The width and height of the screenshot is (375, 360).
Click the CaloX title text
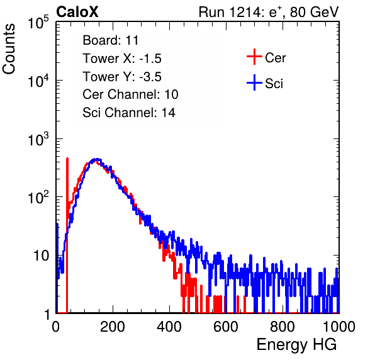click(x=77, y=12)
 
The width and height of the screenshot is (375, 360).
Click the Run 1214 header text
click(x=269, y=12)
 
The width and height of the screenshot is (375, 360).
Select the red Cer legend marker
click(x=254, y=57)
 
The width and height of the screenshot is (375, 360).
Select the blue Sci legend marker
click(x=254, y=82)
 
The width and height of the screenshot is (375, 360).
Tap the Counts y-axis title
click(x=9, y=48)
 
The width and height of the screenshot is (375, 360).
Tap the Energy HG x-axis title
click(x=296, y=345)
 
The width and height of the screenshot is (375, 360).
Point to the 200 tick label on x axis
click(x=113, y=327)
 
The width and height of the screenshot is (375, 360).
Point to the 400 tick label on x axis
click(x=169, y=327)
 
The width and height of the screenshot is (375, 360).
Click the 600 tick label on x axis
click(x=226, y=327)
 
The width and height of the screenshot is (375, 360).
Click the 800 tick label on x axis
click(x=283, y=327)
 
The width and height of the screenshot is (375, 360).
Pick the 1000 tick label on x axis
click(x=339, y=327)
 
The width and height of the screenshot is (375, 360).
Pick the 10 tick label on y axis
click(x=42, y=256)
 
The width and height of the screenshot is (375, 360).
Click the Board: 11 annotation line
click(x=111, y=40)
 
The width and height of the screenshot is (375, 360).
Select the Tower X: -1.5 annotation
click(x=122, y=59)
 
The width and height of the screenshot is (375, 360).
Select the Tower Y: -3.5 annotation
click(x=122, y=77)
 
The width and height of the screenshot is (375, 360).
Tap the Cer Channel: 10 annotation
click(x=130, y=94)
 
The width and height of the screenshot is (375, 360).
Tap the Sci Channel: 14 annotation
click(x=129, y=113)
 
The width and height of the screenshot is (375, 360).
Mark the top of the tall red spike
click(x=67, y=159)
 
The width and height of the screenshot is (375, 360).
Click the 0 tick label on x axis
click(x=56, y=327)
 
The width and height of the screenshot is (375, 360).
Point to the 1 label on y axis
click(x=47, y=315)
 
